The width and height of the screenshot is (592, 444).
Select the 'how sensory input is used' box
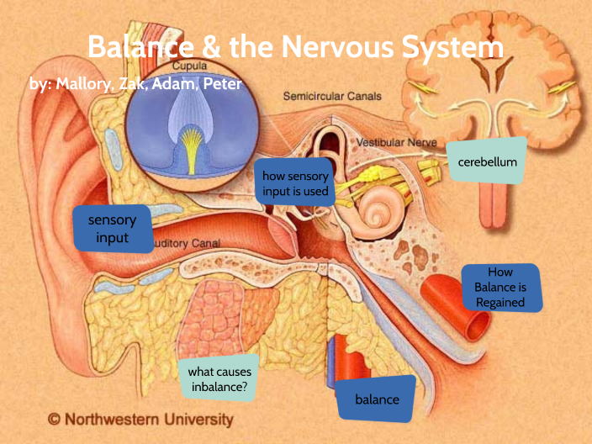click(294, 184)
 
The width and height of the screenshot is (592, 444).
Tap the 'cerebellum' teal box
click(487, 161)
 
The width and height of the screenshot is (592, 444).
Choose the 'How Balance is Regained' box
click(499, 288)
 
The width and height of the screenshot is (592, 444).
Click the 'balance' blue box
click(376, 399)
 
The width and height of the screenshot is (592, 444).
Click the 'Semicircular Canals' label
click(331, 97)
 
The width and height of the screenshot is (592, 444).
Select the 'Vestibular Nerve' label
click(396, 143)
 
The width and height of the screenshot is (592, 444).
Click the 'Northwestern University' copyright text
click(149, 418)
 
